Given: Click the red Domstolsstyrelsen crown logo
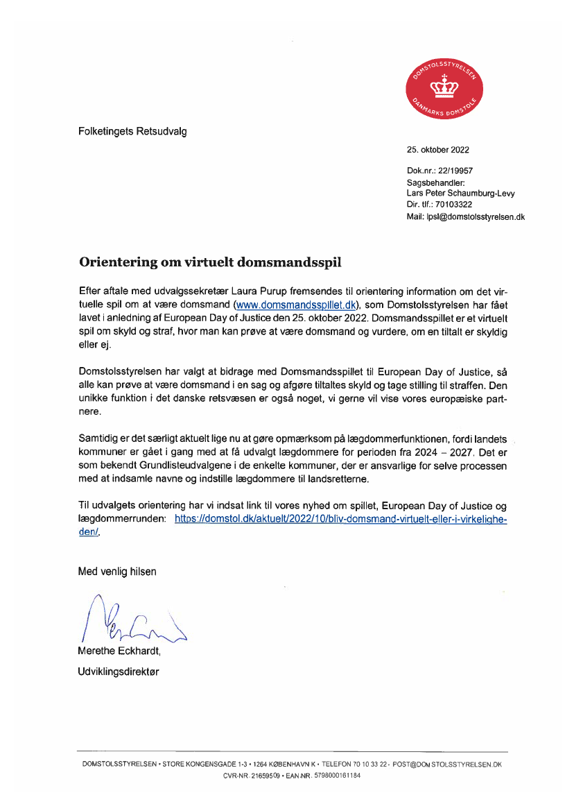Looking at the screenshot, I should [x=444, y=89].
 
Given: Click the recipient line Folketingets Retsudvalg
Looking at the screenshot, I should [x=132, y=130].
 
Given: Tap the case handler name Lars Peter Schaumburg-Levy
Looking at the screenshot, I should [x=460, y=194].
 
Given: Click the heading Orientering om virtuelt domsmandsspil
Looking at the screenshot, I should [x=210, y=262].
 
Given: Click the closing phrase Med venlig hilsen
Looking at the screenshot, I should [x=117, y=572].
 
